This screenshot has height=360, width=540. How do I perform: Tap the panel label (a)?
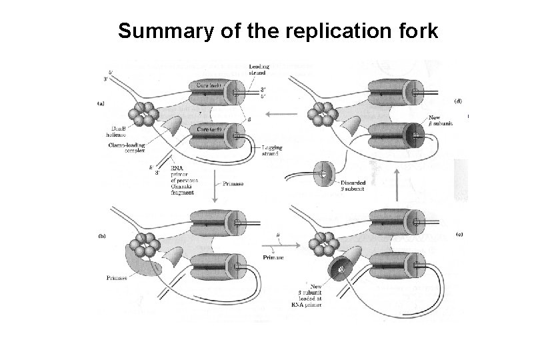[x=101, y=103]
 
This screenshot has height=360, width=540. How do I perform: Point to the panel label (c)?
[x=459, y=234]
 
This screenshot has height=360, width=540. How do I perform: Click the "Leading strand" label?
[x=259, y=69]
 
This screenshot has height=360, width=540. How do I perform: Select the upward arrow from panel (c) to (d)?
[x=399, y=181]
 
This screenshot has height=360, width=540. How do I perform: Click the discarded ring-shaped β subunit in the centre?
[x=323, y=171]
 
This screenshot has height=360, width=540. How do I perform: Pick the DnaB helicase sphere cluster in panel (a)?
[x=146, y=116]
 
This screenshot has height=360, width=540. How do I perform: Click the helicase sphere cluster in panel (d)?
[x=324, y=116]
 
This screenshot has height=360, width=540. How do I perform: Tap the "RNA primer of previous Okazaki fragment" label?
[x=187, y=176]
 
